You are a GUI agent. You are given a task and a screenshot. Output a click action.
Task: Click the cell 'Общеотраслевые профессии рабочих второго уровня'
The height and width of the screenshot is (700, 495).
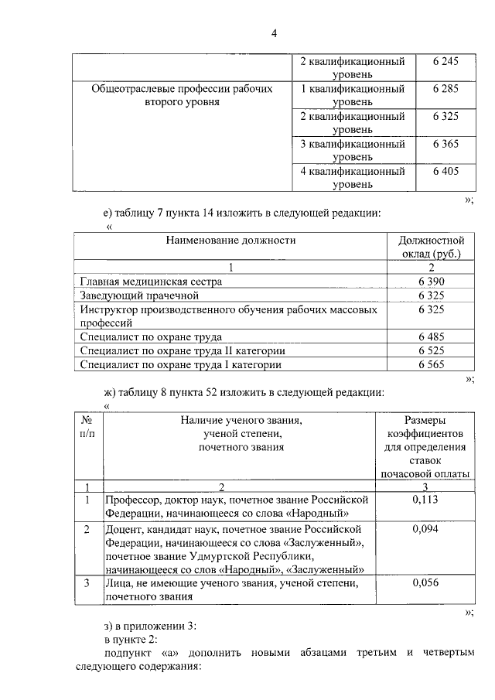183,95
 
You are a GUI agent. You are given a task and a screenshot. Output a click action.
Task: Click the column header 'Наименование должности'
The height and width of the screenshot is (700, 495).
230,241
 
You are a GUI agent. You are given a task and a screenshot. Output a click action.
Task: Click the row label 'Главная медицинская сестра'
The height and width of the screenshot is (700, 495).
151,282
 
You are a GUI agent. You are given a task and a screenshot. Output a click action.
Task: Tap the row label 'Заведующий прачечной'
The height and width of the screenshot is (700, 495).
140,295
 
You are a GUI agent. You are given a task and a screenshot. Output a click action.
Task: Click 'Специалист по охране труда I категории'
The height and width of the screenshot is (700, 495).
181,364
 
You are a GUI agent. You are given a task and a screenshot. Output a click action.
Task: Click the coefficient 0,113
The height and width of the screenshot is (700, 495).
425,500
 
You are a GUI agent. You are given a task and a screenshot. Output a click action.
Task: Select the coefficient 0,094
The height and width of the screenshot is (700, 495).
425,529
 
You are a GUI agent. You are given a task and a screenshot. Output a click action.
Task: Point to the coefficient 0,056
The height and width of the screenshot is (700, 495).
425,582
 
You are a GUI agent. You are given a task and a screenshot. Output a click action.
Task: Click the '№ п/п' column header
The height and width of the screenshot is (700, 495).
87,426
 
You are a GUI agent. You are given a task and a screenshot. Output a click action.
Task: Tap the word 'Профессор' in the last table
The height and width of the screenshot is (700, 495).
132,500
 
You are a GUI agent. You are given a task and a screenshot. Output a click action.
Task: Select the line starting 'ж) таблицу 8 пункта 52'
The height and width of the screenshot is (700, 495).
243,392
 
